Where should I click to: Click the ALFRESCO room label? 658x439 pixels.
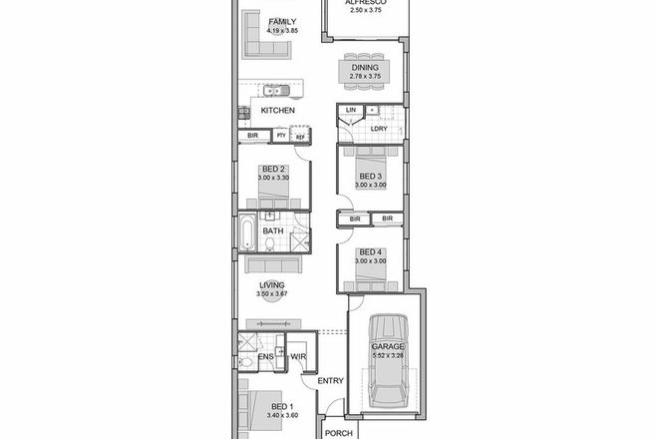click(x=365, y=4)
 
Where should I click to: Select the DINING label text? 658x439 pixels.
click(x=365, y=67)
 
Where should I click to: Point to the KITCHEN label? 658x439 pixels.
click(x=277, y=110)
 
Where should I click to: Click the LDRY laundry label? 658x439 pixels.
click(x=379, y=129)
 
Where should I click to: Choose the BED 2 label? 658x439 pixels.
click(x=274, y=169)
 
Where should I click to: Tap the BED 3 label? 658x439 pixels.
click(x=373, y=176)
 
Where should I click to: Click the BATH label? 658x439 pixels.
click(x=273, y=231)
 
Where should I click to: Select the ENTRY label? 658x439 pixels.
click(x=331, y=380)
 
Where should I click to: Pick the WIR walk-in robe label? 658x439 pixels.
click(x=298, y=356)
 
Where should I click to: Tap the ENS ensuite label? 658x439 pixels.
click(x=266, y=356)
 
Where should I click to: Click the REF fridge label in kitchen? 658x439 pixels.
click(x=299, y=136)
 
